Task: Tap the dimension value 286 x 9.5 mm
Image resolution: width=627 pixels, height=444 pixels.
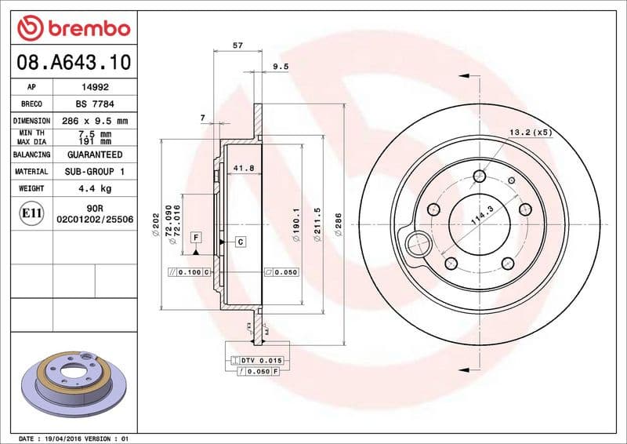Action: pos(95,121)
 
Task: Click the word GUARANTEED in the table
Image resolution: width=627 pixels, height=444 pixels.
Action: pos(95,155)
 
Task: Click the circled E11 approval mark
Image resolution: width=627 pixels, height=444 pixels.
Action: pos(32,213)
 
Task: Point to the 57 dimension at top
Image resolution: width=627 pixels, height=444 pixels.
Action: pos(237,45)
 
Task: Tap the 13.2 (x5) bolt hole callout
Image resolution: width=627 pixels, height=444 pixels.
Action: pos(531,132)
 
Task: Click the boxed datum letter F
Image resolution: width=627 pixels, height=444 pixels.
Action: pos(196,237)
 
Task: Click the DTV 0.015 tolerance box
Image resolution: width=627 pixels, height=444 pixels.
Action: pos(259,360)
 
